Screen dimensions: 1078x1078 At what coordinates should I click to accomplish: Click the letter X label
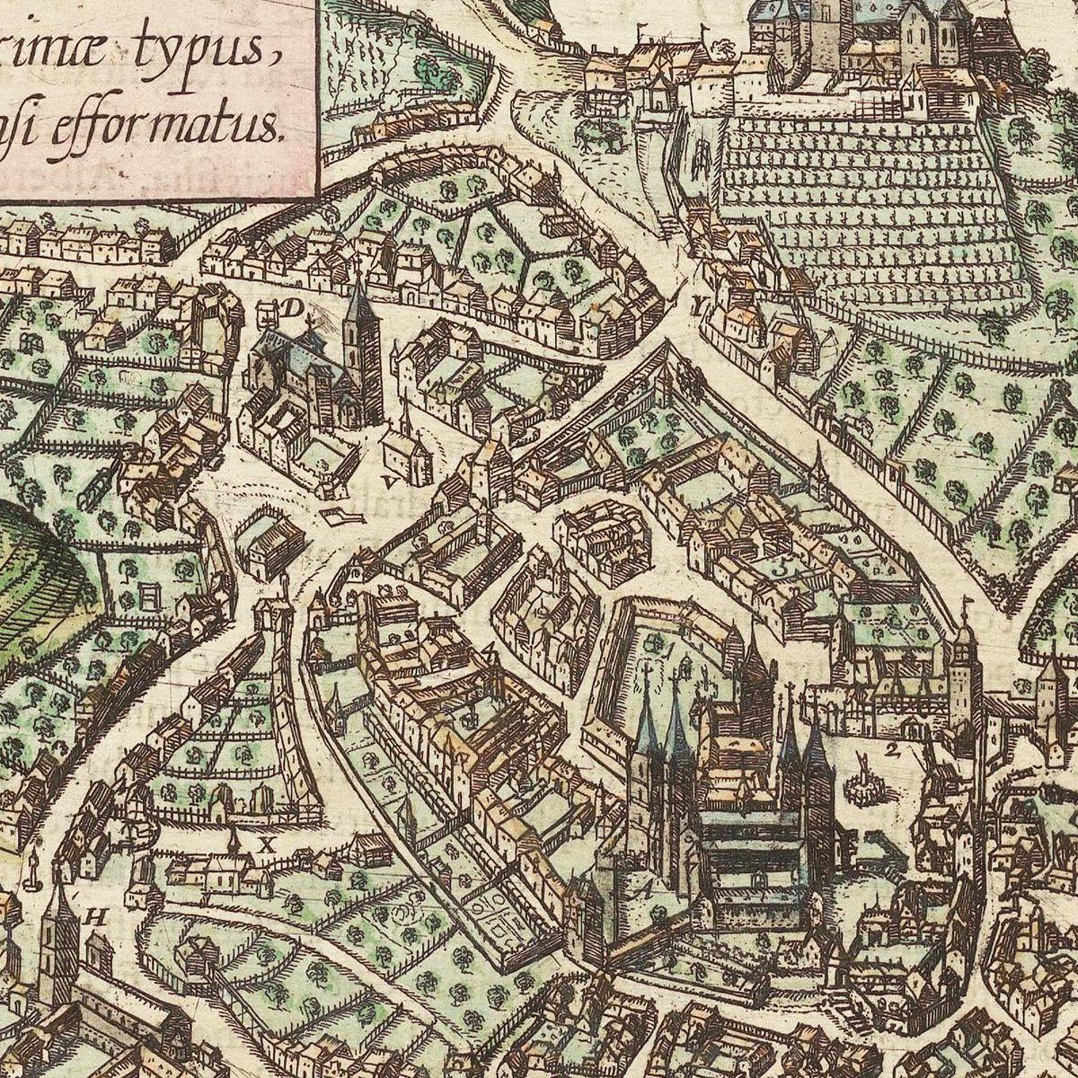coord(265,844)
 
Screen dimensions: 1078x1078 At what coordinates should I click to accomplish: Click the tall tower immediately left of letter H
coord(59,934)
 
